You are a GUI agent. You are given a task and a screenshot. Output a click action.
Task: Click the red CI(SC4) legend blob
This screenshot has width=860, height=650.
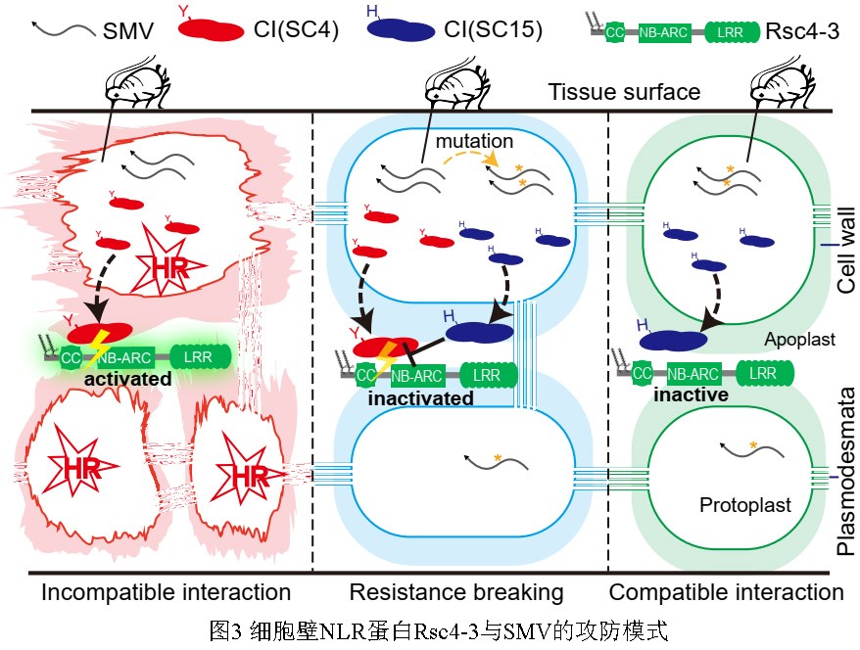point(211,29)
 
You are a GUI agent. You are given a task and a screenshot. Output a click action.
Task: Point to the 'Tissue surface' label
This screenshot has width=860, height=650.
point(624,92)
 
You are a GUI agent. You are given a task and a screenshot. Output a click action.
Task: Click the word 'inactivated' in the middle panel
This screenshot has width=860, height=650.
point(421,398)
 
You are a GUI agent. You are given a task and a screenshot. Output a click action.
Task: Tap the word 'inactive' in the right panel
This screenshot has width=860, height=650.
point(692,395)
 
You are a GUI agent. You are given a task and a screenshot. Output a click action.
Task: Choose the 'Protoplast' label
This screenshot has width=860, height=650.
point(744,505)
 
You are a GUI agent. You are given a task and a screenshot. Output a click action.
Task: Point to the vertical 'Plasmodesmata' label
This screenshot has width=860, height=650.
point(846,472)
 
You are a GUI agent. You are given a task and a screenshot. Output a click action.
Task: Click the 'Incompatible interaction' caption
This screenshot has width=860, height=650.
point(166,592)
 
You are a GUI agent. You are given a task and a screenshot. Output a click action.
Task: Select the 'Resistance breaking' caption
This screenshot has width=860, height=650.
point(456,592)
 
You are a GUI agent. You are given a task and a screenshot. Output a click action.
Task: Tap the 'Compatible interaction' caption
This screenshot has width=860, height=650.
point(726,592)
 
